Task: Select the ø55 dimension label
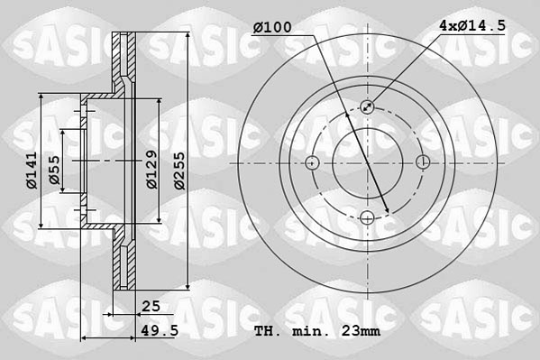tap(54, 171)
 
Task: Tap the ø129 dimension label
tap(152, 169)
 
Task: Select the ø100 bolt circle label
tap(272, 28)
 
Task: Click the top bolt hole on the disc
tap(367, 107)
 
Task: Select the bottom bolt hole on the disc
tap(367, 217)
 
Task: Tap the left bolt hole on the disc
tap(312, 162)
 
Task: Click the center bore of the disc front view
tap(367, 162)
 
